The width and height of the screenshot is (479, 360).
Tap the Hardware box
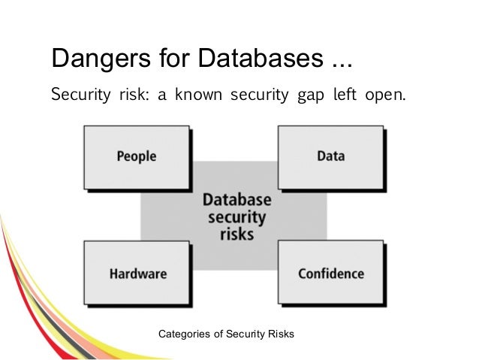pos(137,274)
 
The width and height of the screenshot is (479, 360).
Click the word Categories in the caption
pos(181,331)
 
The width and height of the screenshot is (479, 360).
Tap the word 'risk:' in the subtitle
pos(132,96)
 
